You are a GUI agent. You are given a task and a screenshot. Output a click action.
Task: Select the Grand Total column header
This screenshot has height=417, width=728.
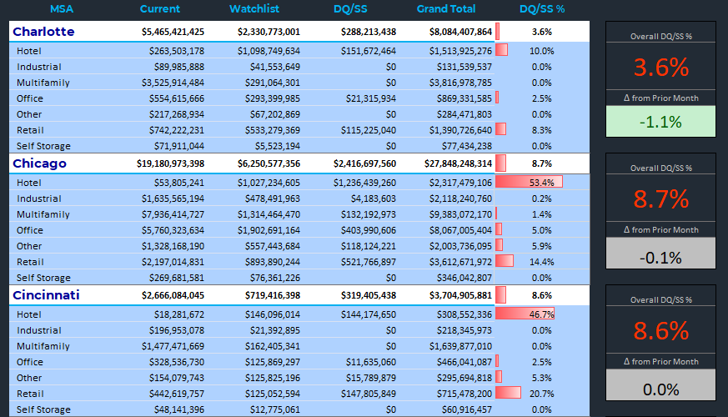[446, 9]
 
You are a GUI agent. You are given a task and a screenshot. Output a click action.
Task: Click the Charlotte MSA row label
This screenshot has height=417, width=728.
[43, 32]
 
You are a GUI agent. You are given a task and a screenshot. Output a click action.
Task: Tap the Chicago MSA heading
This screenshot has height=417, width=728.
[39, 163]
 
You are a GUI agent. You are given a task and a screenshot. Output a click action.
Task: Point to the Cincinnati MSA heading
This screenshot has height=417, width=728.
[46, 295]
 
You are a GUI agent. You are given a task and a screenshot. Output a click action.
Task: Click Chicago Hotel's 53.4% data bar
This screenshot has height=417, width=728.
[529, 182]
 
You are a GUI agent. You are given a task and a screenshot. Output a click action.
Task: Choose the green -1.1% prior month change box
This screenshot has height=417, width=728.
[660, 122]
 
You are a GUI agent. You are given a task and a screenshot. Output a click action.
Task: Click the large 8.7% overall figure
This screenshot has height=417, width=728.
[660, 198]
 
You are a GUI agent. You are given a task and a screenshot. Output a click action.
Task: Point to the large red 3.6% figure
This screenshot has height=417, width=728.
[660, 67]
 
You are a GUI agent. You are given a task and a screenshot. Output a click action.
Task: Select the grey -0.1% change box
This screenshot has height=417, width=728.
[660, 257]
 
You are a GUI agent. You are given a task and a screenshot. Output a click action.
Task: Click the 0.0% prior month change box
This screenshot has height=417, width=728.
[660, 389]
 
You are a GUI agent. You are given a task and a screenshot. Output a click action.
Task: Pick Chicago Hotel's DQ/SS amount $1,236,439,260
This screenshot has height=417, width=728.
[365, 182]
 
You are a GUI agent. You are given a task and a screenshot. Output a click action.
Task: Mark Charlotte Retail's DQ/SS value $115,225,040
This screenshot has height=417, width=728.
[368, 130]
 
